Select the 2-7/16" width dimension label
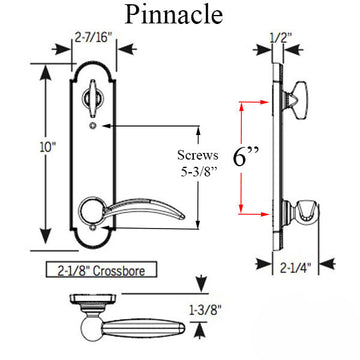pos(91,43)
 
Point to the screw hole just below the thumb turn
pos(92,127)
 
